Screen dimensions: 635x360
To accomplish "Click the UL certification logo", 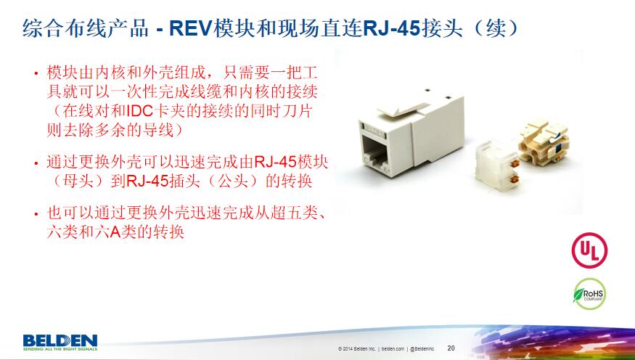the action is (x=589, y=250).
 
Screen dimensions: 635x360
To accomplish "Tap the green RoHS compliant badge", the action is (x=589, y=294).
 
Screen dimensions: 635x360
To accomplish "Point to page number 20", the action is (x=451, y=348).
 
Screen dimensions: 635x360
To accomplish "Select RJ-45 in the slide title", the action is (x=391, y=28).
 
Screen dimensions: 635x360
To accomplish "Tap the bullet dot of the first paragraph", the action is (x=36, y=73).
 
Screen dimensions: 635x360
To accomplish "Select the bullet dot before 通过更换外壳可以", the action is (x=36, y=163).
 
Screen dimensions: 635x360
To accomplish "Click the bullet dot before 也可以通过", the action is (x=36, y=213).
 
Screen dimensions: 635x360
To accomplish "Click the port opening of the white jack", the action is (x=374, y=152).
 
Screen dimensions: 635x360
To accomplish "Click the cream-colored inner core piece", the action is (x=544, y=139).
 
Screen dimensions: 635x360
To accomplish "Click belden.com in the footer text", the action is (x=393, y=348).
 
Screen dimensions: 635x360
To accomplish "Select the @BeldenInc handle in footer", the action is (x=422, y=348).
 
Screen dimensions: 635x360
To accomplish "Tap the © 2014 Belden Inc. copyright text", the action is (x=357, y=348).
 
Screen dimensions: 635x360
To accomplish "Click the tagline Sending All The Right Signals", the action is (x=60, y=348).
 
